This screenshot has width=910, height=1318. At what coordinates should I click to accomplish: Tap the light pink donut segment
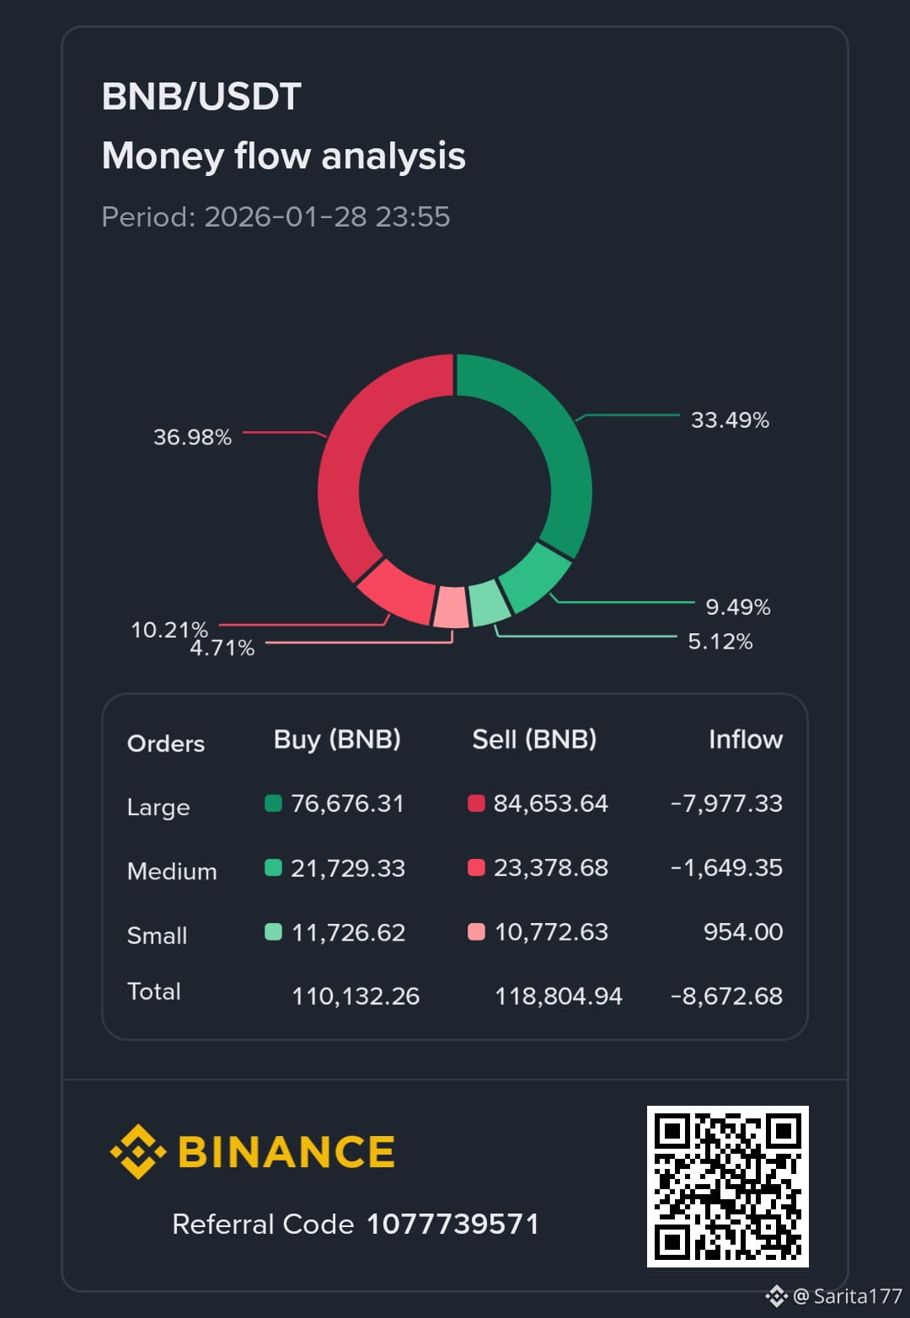451,606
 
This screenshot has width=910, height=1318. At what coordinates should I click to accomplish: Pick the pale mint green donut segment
489,602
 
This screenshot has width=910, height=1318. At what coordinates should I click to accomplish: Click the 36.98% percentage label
192,437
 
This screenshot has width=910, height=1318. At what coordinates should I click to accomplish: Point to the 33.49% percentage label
730,420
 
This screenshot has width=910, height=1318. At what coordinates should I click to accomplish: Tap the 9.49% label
737,607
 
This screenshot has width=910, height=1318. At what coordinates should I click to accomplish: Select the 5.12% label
720,642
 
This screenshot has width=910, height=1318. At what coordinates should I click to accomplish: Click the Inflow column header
745,739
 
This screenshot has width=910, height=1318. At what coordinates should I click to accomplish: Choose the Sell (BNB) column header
534,739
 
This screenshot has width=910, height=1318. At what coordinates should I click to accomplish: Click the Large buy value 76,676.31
347,803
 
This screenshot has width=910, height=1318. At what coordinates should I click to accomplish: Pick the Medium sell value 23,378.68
550,867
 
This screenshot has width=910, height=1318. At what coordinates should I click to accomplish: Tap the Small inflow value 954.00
742,931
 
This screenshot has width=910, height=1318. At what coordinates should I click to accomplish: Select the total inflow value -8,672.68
726,996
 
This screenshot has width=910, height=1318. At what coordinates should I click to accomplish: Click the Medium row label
172,871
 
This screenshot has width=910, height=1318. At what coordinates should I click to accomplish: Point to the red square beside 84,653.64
476,803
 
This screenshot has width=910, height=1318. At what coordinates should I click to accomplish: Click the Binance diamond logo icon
137,1151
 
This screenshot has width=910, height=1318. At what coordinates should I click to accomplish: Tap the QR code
727,1186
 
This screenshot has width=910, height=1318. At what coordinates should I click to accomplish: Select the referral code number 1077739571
452,1224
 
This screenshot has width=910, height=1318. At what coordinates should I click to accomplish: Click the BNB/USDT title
201,97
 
